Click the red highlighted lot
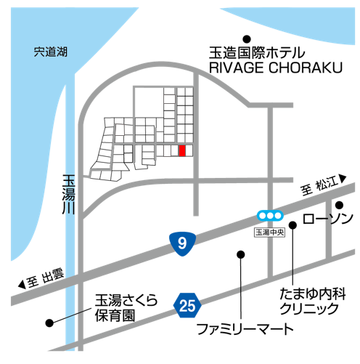coord(182,150)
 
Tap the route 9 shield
coord(182,244)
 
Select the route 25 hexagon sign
coord(187,305)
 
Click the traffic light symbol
coord(270,215)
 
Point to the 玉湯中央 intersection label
coord(269,232)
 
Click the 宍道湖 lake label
coord(50,52)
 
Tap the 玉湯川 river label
coord(68,194)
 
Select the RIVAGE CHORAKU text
coord(276,68)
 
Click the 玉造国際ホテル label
coord(257,53)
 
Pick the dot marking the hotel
coord(247,39)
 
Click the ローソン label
coord(328,219)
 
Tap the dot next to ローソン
coord(339,205)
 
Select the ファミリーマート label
coord(245,329)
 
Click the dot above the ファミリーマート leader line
coord(240,254)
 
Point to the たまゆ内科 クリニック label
coord(313,301)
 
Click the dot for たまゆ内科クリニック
coord(292,225)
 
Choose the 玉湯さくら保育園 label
coord(126,307)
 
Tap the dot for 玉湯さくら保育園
coord(49,323)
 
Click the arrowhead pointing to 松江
coord(343,179)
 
